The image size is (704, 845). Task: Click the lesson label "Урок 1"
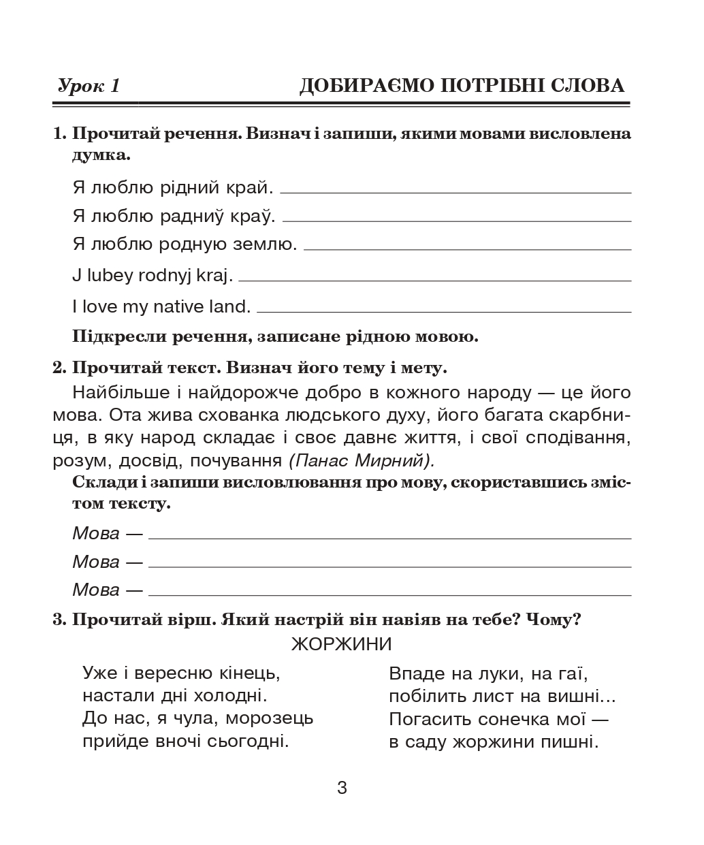click(89, 86)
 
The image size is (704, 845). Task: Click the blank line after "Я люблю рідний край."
click(455, 192)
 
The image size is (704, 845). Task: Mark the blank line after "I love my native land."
click(444, 311)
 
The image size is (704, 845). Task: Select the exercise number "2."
click(59, 368)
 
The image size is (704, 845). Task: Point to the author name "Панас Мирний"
click(361, 461)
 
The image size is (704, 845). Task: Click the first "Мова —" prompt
click(107, 533)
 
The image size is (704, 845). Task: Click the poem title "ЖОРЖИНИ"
click(342, 643)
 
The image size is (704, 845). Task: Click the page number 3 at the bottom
click(342, 788)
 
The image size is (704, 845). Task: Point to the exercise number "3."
click(59, 620)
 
